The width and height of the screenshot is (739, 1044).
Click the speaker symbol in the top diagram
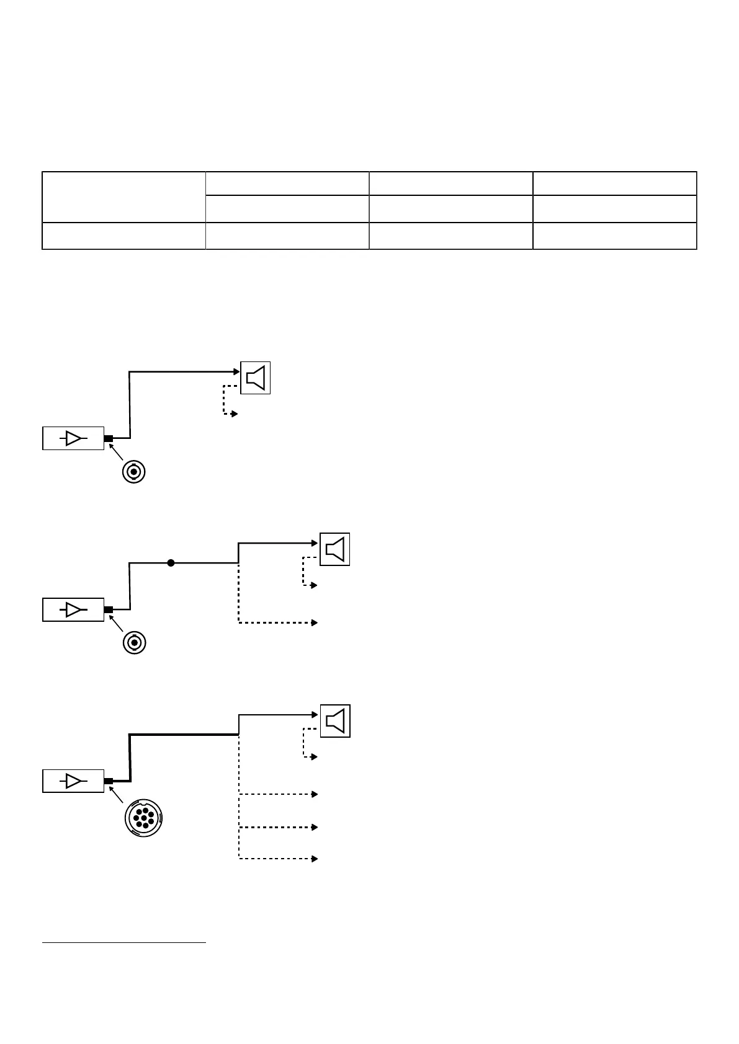coord(256,377)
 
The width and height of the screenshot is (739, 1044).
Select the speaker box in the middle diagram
coord(335,549)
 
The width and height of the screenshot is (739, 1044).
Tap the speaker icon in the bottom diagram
coord(335,721)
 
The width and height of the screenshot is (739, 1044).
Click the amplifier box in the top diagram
coord(73,438)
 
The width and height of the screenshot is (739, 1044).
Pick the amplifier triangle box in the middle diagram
coord(73,609)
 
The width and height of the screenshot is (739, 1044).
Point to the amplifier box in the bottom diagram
coord(73,781)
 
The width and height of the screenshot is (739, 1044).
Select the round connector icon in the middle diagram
coord(134,643)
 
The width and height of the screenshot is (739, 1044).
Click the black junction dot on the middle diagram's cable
coord(171,563)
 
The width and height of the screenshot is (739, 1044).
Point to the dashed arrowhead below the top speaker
coord(235,414)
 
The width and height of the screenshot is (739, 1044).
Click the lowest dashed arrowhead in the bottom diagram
coord(315,859)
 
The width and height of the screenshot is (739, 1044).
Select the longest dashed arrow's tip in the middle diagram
coord(315,622)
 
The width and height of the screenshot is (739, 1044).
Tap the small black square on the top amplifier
coord(109,438)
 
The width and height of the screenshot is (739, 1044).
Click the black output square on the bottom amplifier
coord(109,781)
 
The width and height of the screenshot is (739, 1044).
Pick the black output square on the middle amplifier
coord(109,609)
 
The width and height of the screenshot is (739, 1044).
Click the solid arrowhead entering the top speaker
coord(236,372)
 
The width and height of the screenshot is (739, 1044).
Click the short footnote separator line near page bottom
coord(123,943)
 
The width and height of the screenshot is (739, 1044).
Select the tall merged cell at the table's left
coord(123,197)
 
